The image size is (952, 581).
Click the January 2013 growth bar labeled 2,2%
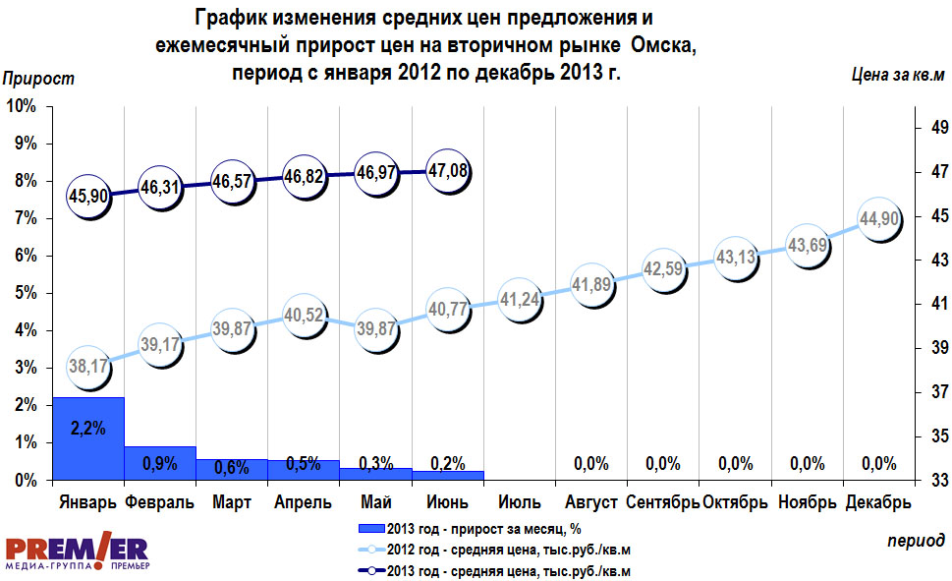pos(87,437)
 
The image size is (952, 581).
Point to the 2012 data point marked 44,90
pos(879,219)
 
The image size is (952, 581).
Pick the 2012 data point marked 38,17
pos(87,367)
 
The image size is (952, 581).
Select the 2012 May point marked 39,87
pos(375,326)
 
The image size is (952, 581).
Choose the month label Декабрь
pos(879,503)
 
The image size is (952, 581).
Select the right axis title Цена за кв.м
pos(896,76)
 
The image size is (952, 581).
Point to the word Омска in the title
pos(665,46)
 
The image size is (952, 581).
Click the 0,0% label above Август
pos(591,464)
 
